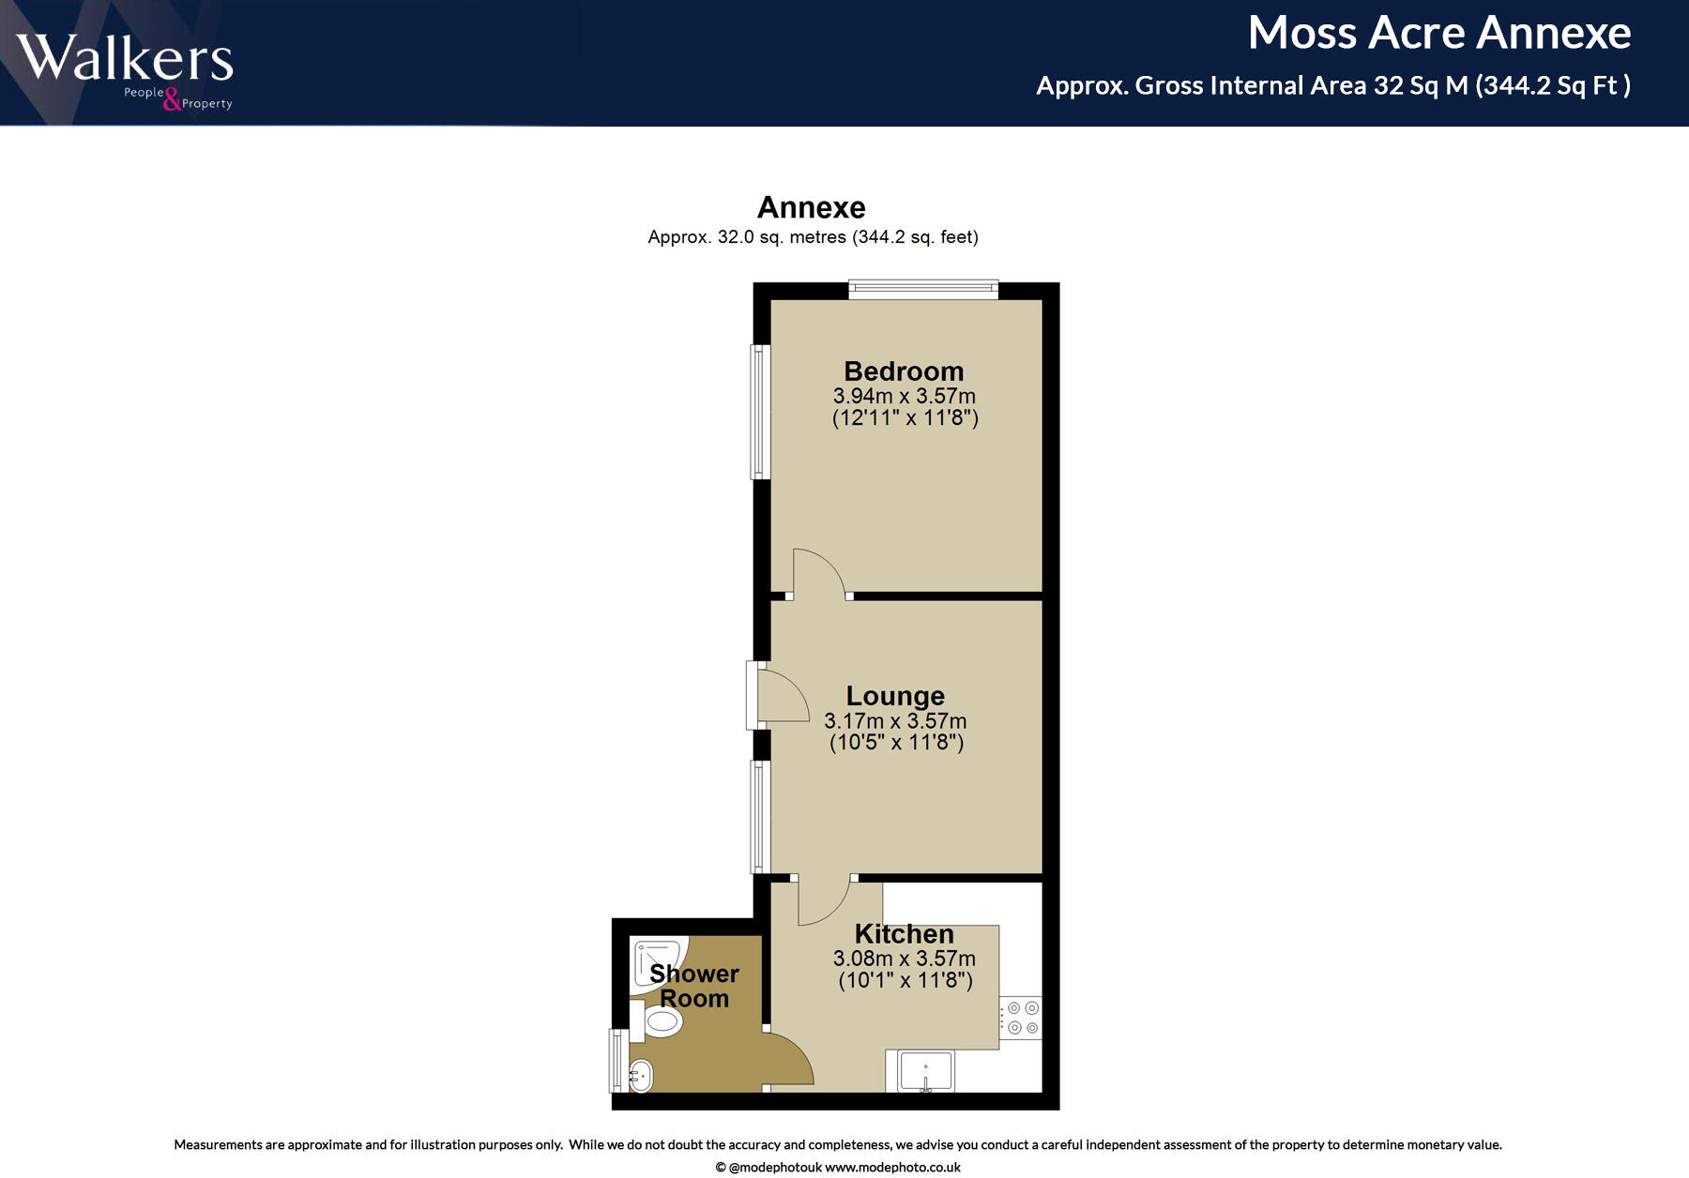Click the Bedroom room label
coord(904,371)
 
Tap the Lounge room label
coord(895,696)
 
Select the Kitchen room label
coord(904,934)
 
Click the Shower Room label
coord(694,986)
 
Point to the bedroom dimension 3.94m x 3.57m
coord(904,397)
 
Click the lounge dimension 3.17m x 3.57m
coord(895,721)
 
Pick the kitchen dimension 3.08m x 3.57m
coord(904,959)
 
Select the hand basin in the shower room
coord(641,1076)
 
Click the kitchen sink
coord(925,1071)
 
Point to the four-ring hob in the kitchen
coord(1021,1018)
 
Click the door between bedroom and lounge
coord(817,574)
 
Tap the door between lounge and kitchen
coord(823,900)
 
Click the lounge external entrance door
coord(781,695)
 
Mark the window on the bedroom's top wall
coord(923,289)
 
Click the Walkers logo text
coord(125,58)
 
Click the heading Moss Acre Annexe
coord(1438,34)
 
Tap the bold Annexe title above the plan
coord(811,207)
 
